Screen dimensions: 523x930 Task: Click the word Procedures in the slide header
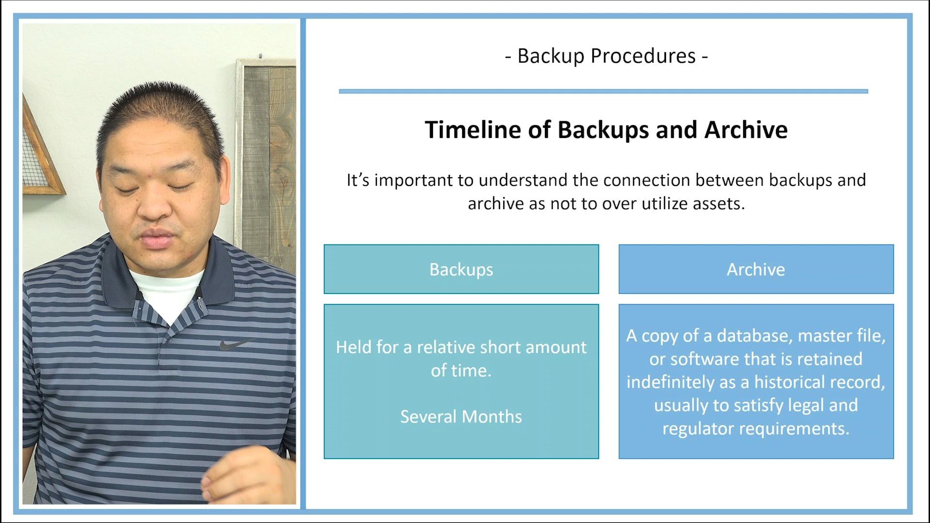[643, 56]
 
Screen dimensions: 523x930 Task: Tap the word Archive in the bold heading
[746, 130]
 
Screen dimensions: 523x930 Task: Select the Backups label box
[461, 269]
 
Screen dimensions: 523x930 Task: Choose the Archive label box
[756, 269]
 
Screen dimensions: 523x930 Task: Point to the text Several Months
[461, 416]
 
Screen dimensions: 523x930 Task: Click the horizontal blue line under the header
[603, 91]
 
